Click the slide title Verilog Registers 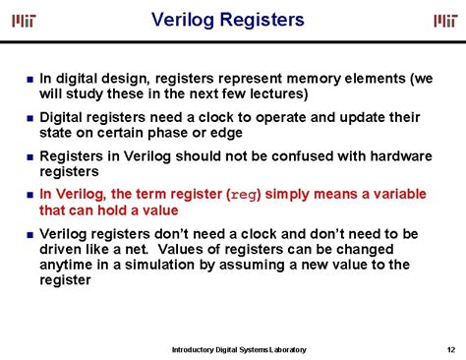click(x=228, y=20)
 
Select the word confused click(x=306, y=155)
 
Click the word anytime click(x=69, y=265)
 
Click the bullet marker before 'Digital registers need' click(x=29, y=118)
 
